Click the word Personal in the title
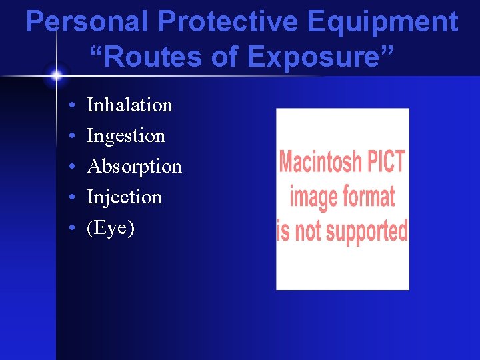coord(87,22)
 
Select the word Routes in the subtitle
coord(151,57)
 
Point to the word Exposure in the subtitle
coord(321,57)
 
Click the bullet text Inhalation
coord(129,105)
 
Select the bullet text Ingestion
coord(125,136)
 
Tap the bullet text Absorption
coord(134,167)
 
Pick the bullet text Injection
coord(124,197)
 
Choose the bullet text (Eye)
coord(111,228)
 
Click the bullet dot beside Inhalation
coord(71,106)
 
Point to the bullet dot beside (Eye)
coord(71,229)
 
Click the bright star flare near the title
coord(56,75)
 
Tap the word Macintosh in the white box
coord(320,162)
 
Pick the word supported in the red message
coord(366,231)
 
